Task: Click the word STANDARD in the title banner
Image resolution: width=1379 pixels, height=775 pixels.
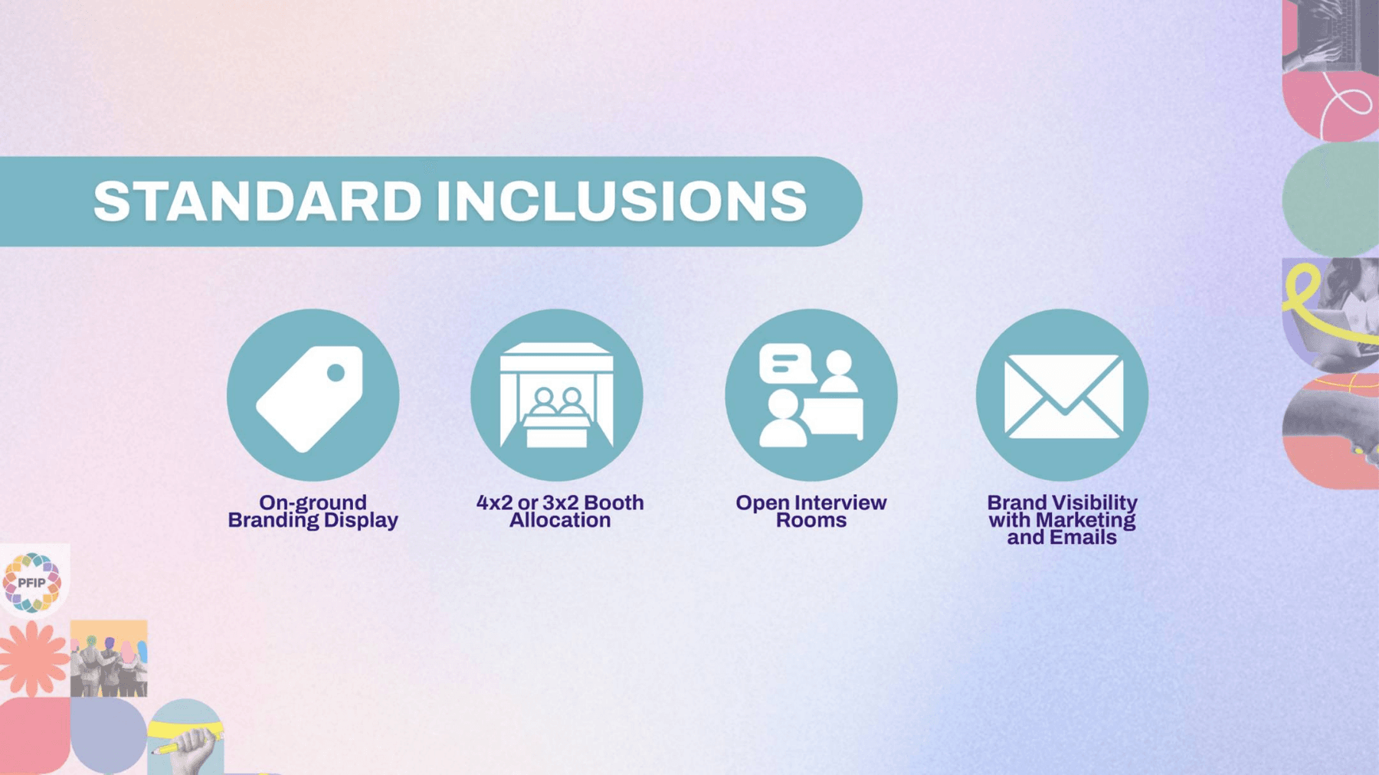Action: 257,201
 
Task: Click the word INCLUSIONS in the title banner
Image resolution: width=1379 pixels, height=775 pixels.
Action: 622,201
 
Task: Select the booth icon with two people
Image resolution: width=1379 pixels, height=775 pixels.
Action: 557,395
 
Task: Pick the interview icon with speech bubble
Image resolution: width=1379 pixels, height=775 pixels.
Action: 811,395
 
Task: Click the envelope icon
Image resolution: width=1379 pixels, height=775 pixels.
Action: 1062,395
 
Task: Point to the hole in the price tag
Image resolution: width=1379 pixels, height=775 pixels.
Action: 336,373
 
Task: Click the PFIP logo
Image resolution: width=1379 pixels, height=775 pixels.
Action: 32,582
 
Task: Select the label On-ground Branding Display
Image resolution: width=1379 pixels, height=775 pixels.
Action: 313,511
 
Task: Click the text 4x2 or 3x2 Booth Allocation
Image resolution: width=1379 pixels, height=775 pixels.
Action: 560,511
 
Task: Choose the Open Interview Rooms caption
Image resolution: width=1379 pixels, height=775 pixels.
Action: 811,511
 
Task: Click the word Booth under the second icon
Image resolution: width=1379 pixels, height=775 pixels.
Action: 611,502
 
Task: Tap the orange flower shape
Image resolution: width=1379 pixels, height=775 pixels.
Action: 34,659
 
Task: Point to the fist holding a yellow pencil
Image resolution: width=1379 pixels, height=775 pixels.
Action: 188,747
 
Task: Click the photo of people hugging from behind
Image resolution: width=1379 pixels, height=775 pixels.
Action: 109,659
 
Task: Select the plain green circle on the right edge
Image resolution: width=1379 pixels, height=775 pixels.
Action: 1331,199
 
